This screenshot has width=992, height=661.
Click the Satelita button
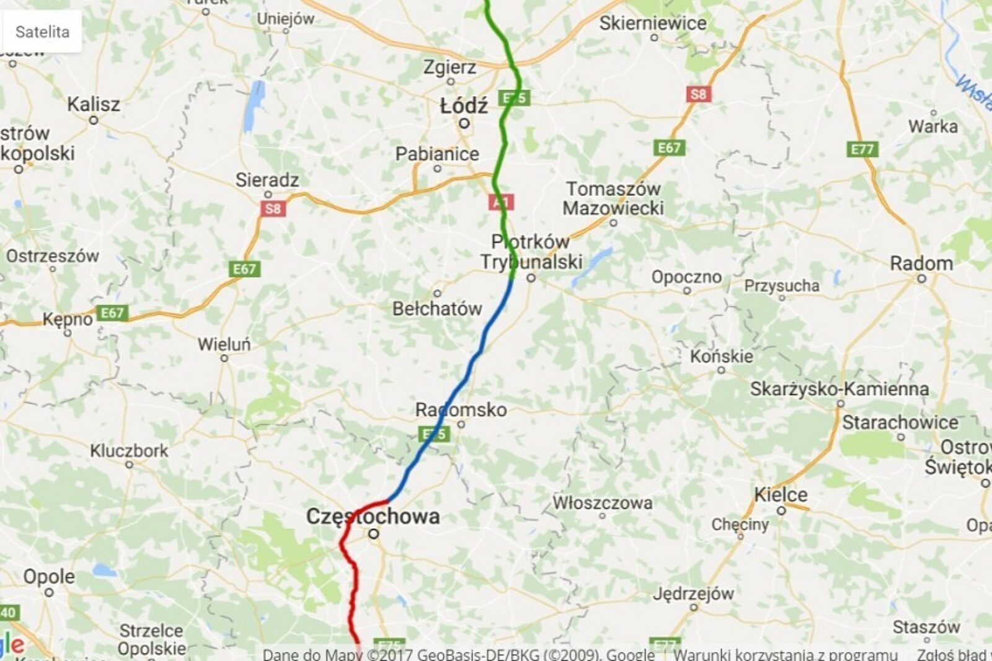(x=42, y=32)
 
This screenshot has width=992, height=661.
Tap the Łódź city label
(x=464, y=106)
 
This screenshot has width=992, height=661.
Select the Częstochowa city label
(x=373, y=516)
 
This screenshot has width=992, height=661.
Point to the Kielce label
(x=781, y=495)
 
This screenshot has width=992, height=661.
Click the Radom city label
(x=921, y=264)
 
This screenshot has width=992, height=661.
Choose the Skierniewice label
(x=652, y=24)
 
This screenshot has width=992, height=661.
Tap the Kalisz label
(x=94, y=104)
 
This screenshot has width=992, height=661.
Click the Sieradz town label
(x=267, y=180)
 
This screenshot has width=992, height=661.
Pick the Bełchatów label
(x=437, y=308)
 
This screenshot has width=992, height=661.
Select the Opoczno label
(x=686, y=277)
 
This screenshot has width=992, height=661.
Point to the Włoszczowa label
(x=602, y=502)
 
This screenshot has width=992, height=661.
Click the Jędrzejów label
(x=693, y=593)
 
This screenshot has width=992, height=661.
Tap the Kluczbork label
(x=129, y=451)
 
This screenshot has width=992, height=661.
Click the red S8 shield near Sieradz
(x=273, y=208)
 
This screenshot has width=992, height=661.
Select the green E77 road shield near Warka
(x=862, y=149)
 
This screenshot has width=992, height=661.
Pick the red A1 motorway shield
(x=500, y=202)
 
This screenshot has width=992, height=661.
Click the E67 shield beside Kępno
(x=112, y=313)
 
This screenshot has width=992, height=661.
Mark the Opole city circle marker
(x=49, y=592)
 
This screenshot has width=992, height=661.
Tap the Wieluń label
(x=224, y=344)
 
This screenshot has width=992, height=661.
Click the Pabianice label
(x=437, y=154)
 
